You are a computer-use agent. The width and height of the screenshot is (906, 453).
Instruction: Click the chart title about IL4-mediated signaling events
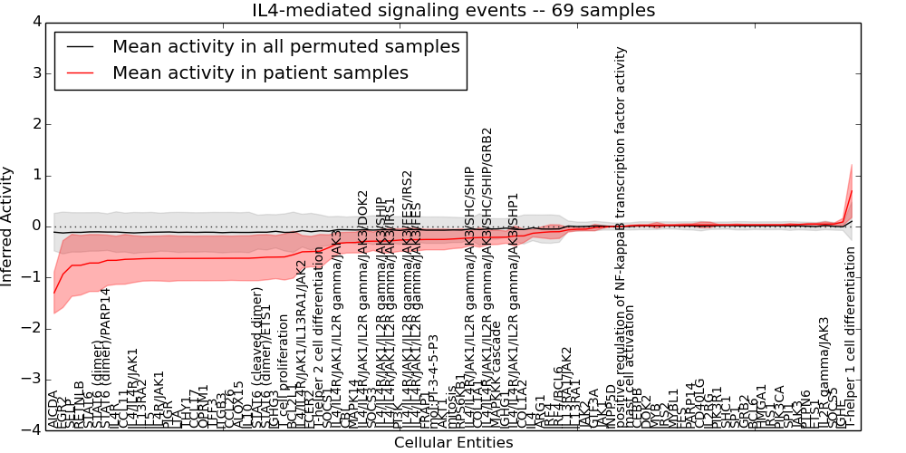tap(453, 11)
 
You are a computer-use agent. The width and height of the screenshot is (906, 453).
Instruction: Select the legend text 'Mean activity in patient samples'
tap(260, 72)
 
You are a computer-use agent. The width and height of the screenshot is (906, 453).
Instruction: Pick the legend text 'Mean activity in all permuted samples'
tap(285, 46)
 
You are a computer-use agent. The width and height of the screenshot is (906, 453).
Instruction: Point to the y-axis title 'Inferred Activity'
tap(8, 226)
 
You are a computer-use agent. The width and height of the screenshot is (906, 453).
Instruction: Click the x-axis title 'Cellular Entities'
tap(453, 443)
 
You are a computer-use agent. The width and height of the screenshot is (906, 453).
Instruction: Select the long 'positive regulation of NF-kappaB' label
tap(622, 236)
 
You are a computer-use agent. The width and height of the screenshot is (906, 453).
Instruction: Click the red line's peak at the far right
tap(852, 189)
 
